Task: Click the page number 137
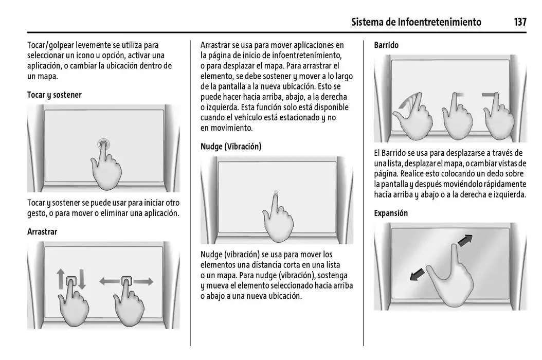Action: (519, 22)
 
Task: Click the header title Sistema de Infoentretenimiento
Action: (417, 22)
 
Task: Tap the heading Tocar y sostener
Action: (54, 95)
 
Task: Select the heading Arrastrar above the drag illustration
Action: (42, 232)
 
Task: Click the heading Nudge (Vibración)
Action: (231, 147)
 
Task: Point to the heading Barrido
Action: (386, 45)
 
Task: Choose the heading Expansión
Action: (391, 213)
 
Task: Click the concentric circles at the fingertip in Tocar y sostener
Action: (104, 143)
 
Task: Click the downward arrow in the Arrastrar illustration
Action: (81, 280)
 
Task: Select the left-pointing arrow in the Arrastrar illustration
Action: (109, 281)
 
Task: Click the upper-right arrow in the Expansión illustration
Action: (465, 240)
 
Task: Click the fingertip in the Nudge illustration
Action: (275, 196)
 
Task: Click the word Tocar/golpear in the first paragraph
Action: (49, 45)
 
